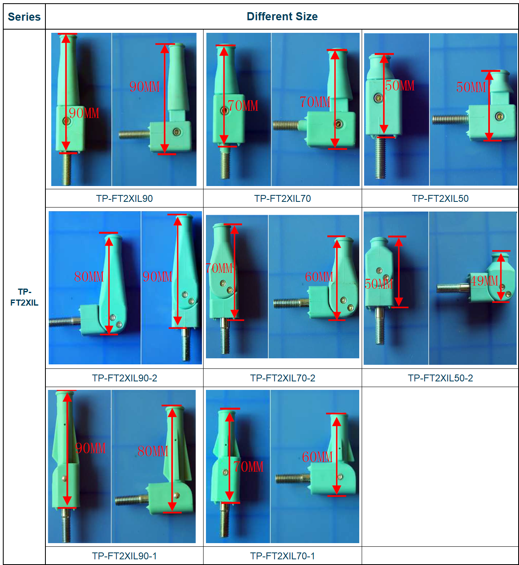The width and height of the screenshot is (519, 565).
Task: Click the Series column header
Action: tap(24, 17)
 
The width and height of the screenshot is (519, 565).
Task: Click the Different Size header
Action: tap(282, 17)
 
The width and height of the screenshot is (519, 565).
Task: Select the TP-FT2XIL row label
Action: tap(24, 297)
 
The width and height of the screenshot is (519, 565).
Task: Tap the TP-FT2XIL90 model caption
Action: tap(124, 199)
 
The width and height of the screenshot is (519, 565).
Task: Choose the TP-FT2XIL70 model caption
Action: tap(282, 199)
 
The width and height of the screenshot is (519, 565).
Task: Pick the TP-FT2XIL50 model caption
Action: tap(440, 199)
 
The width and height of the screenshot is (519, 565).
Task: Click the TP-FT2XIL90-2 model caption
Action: tap(124, 378)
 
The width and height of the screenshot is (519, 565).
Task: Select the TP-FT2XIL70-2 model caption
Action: tap(282, 378)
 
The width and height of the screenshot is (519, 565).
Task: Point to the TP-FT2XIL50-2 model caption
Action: tap(440, 378)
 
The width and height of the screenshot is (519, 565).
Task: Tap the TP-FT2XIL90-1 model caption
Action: tap(124, 556)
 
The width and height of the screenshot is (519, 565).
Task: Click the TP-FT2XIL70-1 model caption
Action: tap(282, 556)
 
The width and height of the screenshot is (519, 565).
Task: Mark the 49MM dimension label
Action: tap(484, 281)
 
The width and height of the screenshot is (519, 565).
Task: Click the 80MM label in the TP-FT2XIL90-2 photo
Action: tap(89, 276)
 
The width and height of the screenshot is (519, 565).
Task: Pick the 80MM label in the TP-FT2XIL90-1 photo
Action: tap(153, 451)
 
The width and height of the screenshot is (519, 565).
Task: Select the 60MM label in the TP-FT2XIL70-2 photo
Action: tap(319, 277)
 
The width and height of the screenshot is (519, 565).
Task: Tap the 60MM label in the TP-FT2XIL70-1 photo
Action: tap(317, 457)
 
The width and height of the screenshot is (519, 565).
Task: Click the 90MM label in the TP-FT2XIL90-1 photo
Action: tap(90, 448)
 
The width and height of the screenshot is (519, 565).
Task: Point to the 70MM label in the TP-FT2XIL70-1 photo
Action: tap(249, 467)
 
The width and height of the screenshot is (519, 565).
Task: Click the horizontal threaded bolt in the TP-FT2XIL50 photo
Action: tap(450, 120)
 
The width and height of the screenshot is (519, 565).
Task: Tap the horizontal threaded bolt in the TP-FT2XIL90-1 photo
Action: tap(131, 500)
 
